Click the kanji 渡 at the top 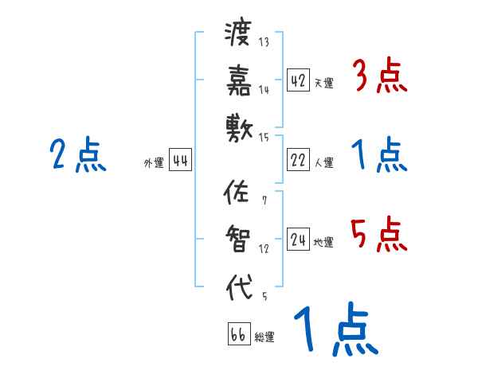[x=238, y=34]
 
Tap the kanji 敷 [x=238, y=125]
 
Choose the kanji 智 [x=238, y=238]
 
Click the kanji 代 [x=238, y=285]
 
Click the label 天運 [x=323, y=83]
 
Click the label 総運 [x=264, y=337]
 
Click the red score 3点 [x=378, y=76]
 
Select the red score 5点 [x=378, y=236]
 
